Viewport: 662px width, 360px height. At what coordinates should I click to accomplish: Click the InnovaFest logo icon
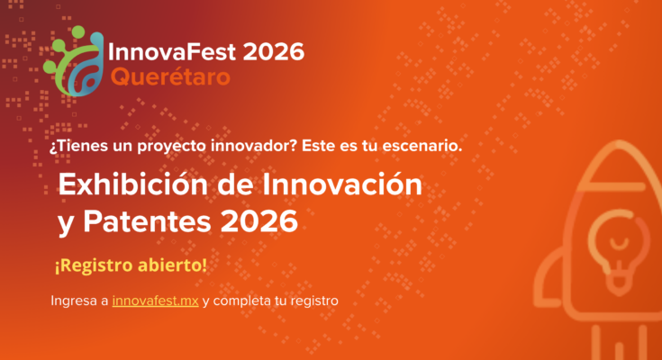74,61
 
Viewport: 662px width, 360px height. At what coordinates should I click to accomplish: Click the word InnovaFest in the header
172,51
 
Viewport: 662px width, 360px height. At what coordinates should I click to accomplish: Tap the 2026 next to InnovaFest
274,52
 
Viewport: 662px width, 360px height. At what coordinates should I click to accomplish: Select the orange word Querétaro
170,76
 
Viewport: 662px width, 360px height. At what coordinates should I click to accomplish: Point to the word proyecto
172,147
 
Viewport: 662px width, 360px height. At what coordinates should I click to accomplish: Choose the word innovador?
254,146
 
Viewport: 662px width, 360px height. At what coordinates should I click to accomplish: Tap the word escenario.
422,146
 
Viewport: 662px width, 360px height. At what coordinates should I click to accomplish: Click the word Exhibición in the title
133,184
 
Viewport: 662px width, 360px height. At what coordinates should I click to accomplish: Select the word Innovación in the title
342,184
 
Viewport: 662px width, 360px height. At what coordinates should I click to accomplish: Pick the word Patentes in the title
147,221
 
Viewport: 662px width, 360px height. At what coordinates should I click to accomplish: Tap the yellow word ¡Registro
94,265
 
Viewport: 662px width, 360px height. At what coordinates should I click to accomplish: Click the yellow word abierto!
173,265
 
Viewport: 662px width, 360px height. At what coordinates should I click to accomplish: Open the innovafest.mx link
155,301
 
